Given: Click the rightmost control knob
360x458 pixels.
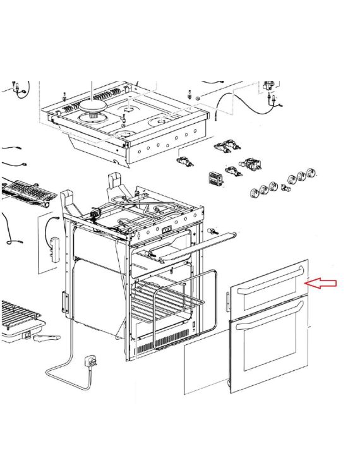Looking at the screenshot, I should pyautogui.click(x=311, y=173).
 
